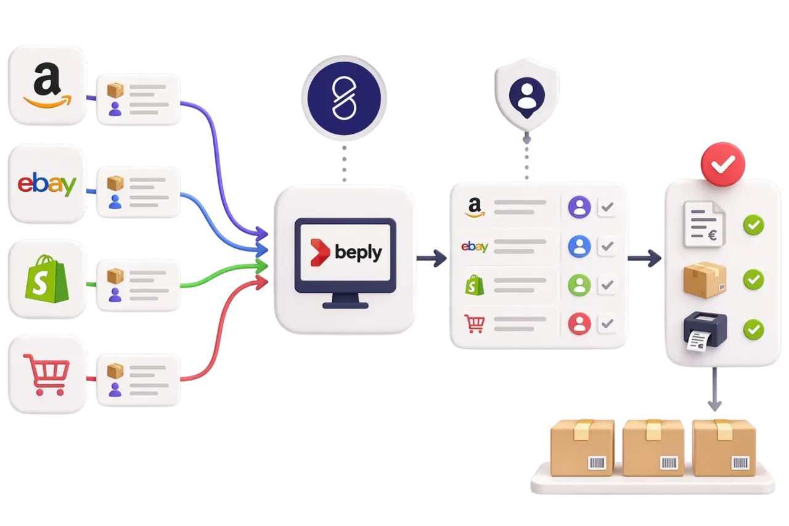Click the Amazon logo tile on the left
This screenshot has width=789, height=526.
tap(47, 86)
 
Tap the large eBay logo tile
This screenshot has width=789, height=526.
tap(47, 184)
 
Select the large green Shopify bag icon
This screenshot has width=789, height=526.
tap(46, 279)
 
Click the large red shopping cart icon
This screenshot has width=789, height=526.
tap(46, 374)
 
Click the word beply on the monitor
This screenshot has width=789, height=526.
tap(358, 252)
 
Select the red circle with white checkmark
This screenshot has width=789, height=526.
tap(722, 163)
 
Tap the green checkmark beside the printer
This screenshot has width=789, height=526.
tap(753, 329)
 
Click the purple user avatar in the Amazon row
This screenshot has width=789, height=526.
tap(579, 207)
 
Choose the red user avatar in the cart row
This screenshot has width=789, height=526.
tap(579, 323)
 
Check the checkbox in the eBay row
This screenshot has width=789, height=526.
tap(607, 247)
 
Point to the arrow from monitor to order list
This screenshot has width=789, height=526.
tap(432, 258)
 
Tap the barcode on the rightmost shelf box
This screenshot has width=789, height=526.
tap(740, 463)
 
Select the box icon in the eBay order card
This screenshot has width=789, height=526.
tap(115, 183)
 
